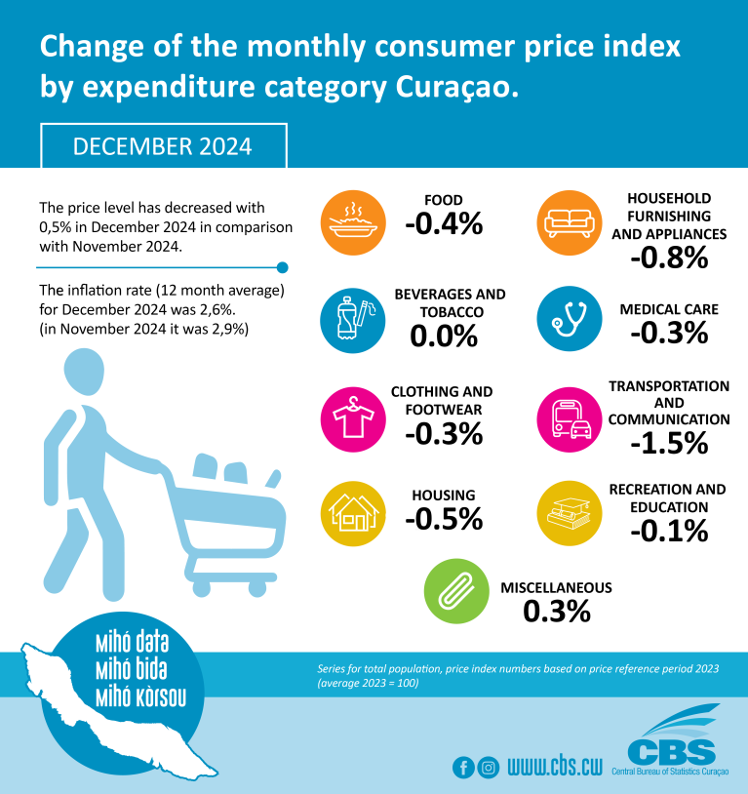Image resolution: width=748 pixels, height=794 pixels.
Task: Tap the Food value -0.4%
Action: (x=445, y=224)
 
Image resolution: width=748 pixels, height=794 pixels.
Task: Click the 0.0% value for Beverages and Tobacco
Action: (x=445, y=337)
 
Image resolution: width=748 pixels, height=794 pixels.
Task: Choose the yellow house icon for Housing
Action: (x=350, y=512)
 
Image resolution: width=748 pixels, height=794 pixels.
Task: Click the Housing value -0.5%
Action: (x=445, y=519)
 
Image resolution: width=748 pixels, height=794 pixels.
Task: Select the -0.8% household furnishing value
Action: (x=668, y=258)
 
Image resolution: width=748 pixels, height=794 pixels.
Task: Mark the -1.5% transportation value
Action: (x=668, y=444)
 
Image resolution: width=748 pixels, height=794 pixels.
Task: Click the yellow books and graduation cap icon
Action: (x=568, y=512)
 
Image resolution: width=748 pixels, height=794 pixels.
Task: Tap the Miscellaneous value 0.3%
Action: (x=557, y=612)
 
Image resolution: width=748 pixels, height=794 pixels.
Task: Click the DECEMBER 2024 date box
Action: (x=163, y=146)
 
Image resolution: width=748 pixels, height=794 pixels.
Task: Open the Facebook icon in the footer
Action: (x=463, y=767)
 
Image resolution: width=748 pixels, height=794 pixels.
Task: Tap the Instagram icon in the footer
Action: (x=489, y=767)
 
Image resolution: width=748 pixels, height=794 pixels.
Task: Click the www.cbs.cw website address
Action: (x=554, y=767)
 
